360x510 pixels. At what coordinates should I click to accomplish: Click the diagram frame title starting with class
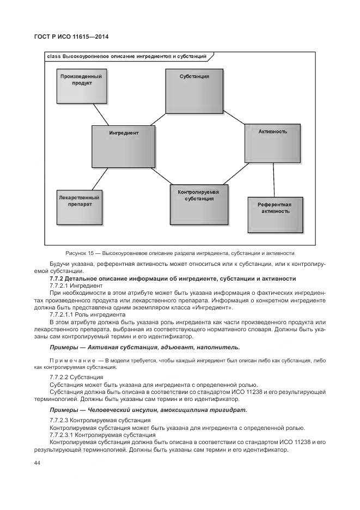[x=127, y=56]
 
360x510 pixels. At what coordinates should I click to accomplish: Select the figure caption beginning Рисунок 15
[x=180, y=253]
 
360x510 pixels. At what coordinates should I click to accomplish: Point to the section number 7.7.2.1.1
[x=64, y=315]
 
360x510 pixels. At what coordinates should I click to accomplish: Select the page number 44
[x=38, y=463]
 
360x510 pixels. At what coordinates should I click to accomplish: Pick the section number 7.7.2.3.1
[x=64, y=435]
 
